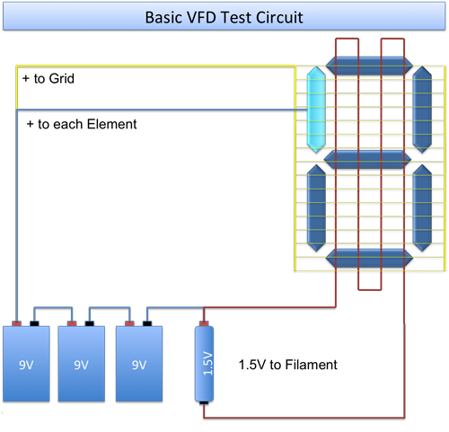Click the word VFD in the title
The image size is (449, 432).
click(201, 17)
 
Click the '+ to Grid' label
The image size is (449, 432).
click(48, 78)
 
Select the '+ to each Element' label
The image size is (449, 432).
click(82, 124)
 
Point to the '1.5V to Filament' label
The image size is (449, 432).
click(287, 365)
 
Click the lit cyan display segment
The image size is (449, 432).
click(316, 110)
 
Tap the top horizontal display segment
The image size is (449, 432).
click(369, 66)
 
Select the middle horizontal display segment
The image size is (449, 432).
click(367, 159)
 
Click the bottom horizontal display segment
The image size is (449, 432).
click(369, 258)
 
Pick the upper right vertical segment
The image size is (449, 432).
click(422, 110)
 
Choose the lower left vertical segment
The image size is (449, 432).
click(316, 208)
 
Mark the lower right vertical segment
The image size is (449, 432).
click(422, 208)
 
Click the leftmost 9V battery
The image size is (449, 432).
click(26, 364)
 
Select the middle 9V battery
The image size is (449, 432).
click(82, 364)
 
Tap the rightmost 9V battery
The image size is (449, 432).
click(139, 364)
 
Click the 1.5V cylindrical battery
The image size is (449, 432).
click(204, 364)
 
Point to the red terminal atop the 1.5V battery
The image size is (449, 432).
click(204, 323)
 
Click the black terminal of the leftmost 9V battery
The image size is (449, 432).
click(34, 323)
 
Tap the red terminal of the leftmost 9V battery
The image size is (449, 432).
click(17, 323)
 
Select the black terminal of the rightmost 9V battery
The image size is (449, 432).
click(147, 323)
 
